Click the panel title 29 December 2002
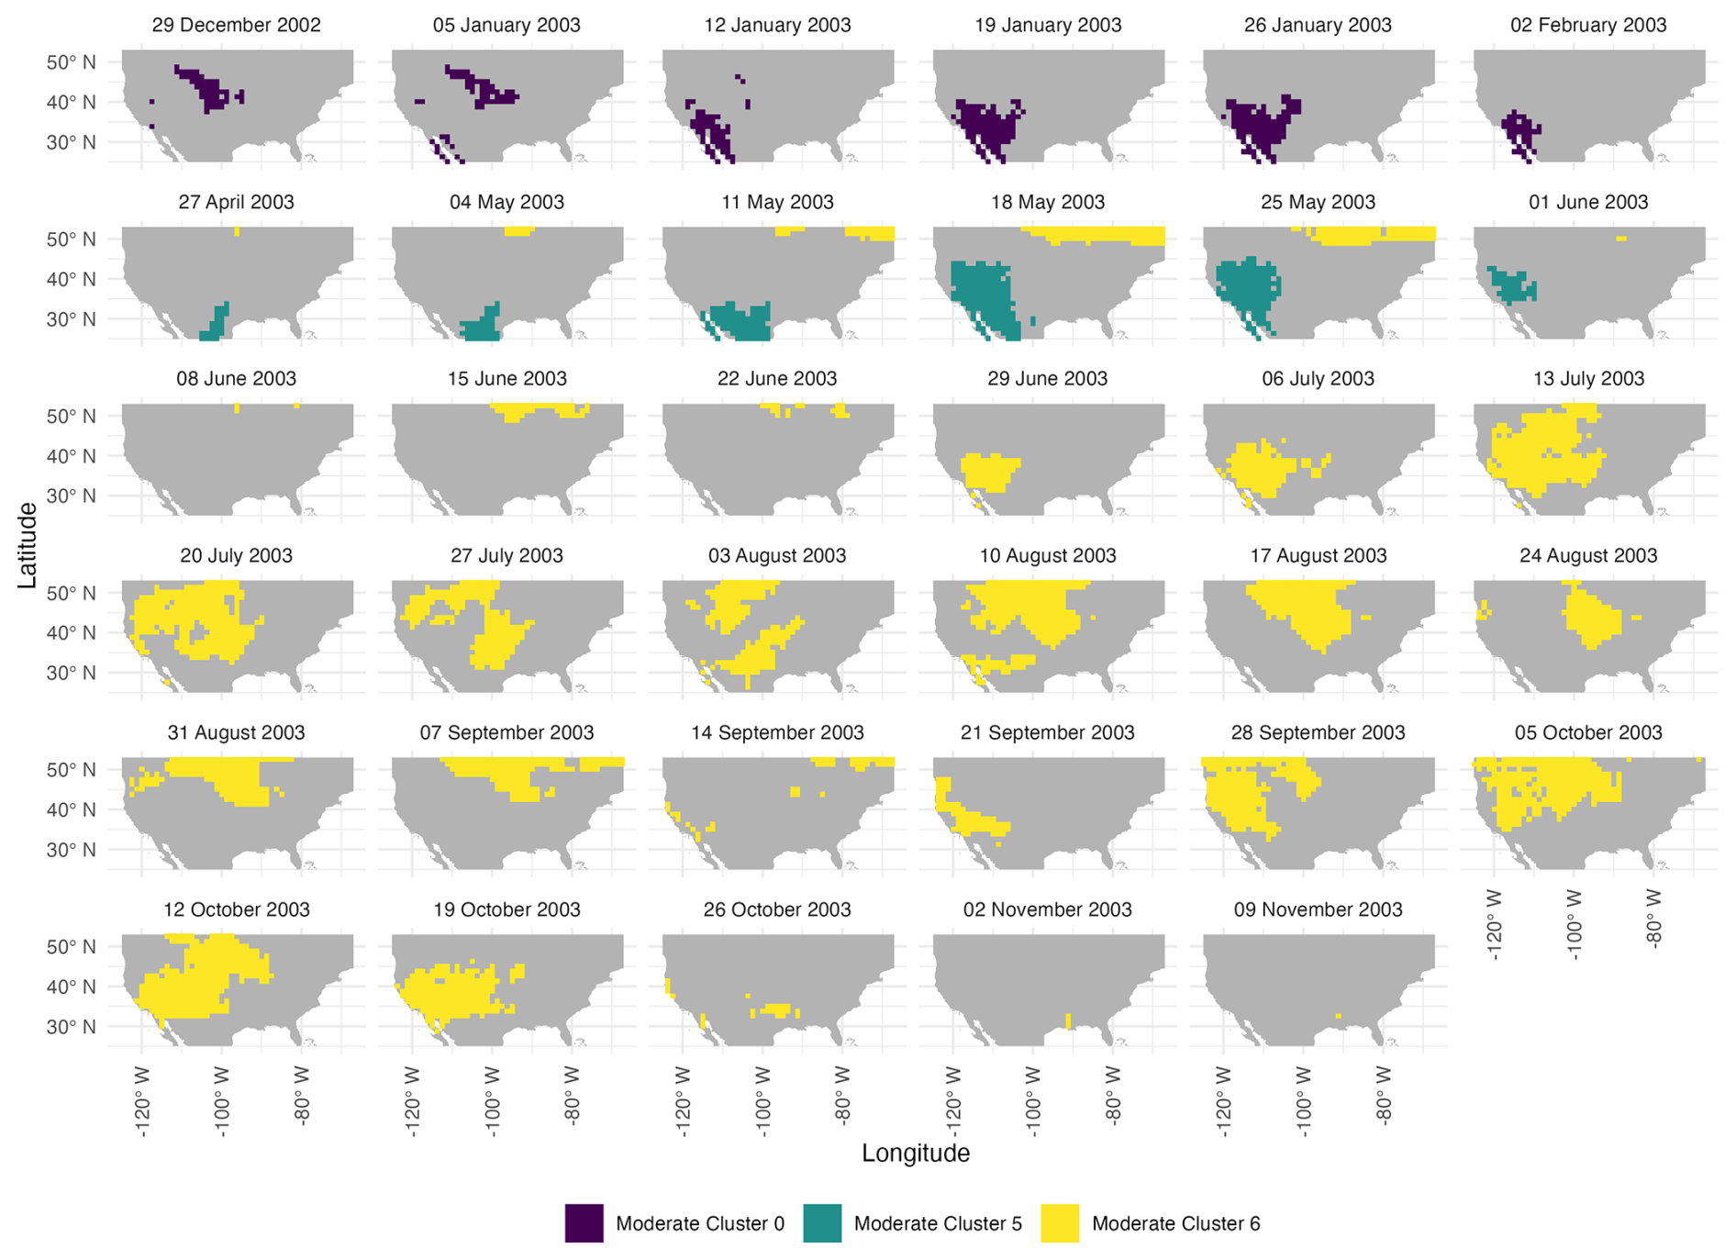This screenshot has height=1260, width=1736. pos(236,26)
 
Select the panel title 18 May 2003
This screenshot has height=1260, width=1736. pos(1047,203)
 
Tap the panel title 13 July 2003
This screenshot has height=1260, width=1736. pos(1587,379)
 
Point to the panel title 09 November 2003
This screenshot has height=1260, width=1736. pos(1318,909)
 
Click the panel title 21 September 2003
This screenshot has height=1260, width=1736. pos(1047,733)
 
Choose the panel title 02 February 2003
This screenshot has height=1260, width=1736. pos(1587,26)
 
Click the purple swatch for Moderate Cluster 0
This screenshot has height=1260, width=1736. pos(584,1223)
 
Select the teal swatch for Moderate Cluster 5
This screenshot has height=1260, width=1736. pos(822,1223)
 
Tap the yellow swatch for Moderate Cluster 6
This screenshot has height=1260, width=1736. pos(1060,1223)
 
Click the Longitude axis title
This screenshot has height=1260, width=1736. pos(915,1154)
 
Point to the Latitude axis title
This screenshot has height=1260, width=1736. pos(28,545)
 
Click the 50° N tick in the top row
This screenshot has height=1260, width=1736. pos(72,63)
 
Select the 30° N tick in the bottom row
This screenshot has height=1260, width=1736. pos(72,1027)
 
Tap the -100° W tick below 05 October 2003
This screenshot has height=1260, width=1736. pos(1575,923)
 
